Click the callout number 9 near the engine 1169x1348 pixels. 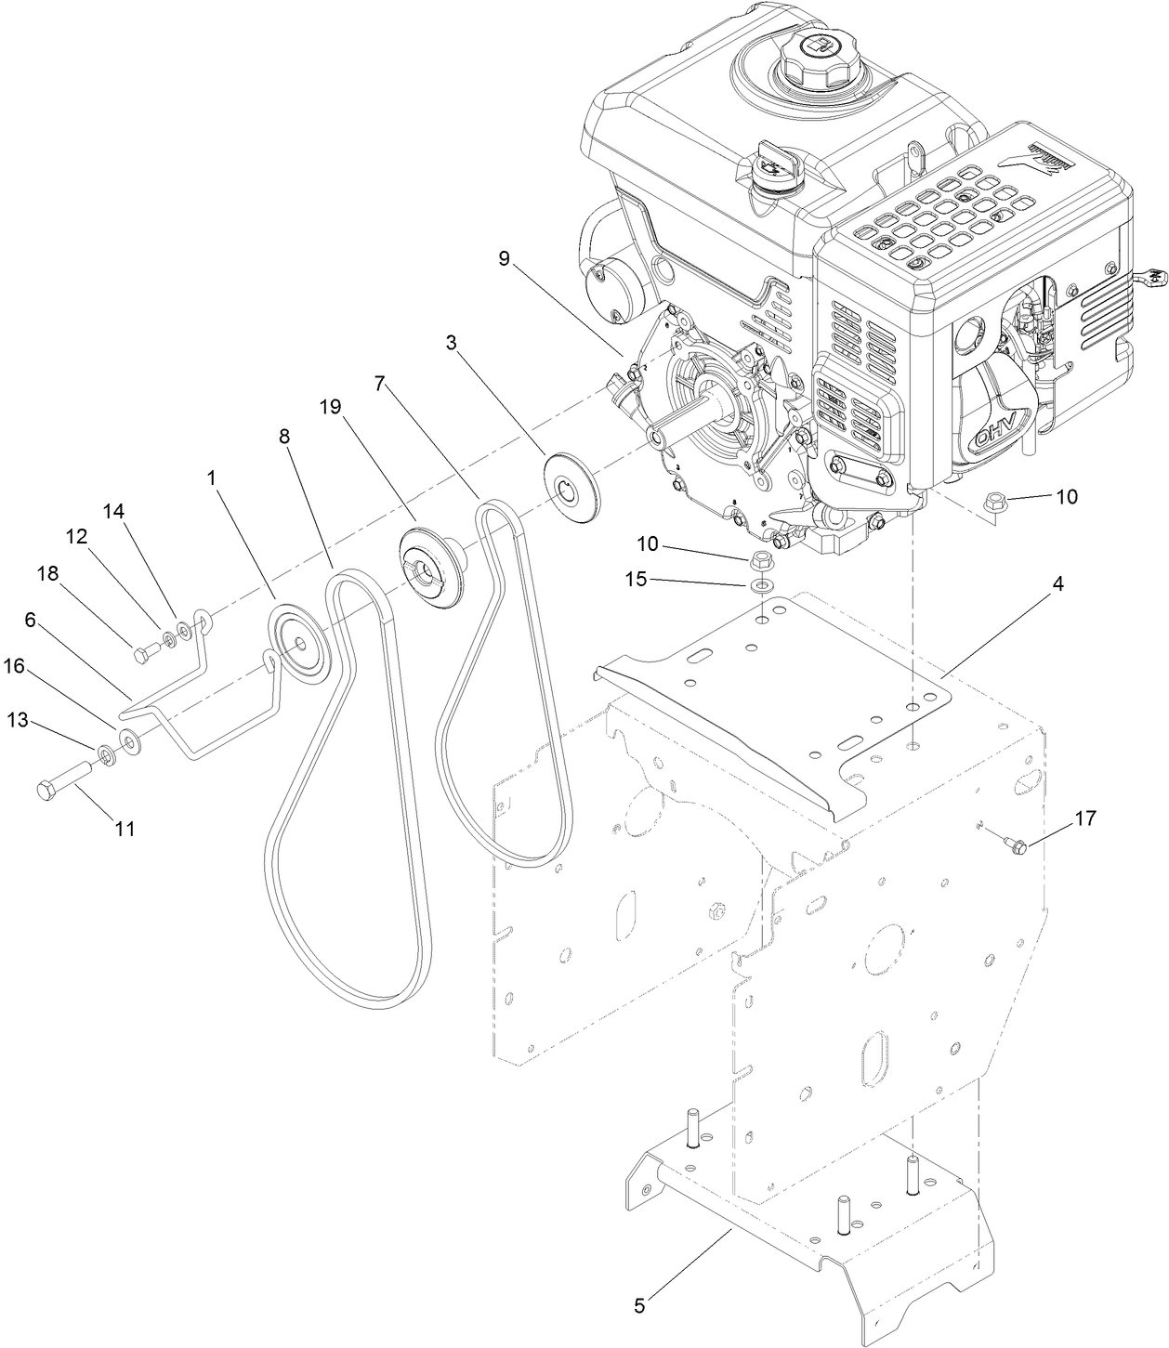504,257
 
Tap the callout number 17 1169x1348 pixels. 1084,818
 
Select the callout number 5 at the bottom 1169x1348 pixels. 638,1305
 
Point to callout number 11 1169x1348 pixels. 125,829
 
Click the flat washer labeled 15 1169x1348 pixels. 762,585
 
